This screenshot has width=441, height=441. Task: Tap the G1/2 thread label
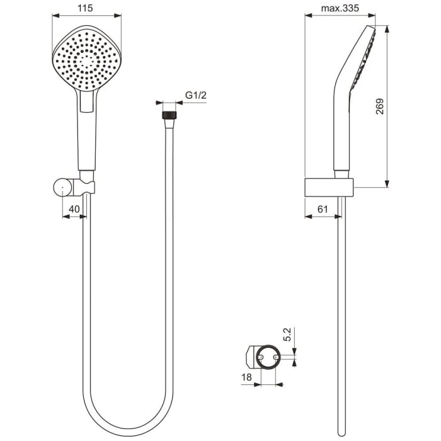pos(195,95)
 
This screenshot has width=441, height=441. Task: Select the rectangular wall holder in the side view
pos(329,187)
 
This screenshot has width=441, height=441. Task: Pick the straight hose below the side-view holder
pos(341,315)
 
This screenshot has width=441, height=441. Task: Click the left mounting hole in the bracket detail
pos(260,357)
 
